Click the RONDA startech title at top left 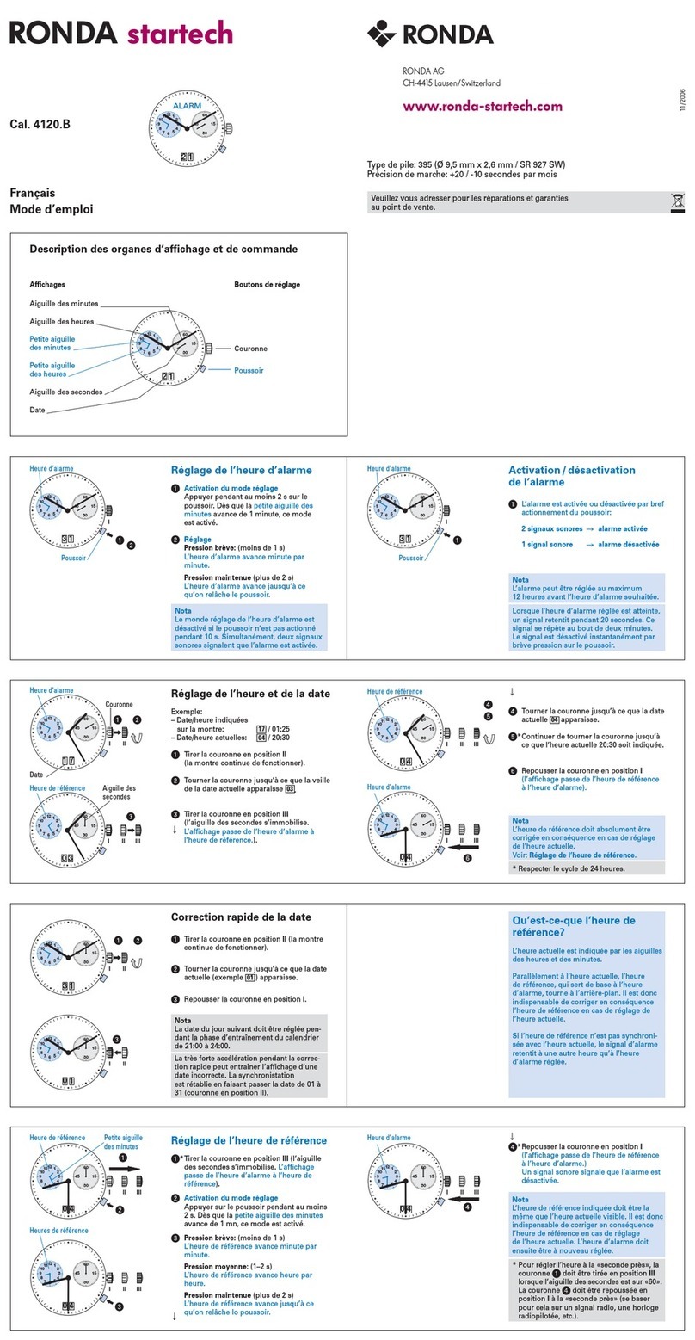coord(120,34)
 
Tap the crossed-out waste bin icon coord(677,202)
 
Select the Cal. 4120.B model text coord(40,124)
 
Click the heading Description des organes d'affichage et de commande coord(163,250)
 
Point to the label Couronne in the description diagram coord(250,349)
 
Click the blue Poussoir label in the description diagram coord(249,370)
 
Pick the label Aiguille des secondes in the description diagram coord(66,392)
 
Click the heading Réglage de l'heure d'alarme coord(241,471)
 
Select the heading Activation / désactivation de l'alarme coord(572,476)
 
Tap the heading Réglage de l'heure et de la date coord(250,694)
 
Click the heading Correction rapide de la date coord(241,917)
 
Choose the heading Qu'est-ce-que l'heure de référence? coord(574,926)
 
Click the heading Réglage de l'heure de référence coord(249,1140)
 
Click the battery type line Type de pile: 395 coord(466,164)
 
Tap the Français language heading coord(32,194)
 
